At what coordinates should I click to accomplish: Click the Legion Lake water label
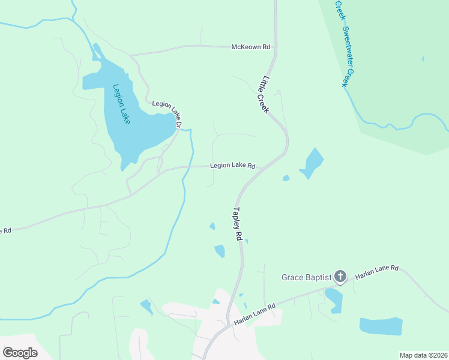[x=121, y=104]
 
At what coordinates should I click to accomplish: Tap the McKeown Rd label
[x=251, y=47]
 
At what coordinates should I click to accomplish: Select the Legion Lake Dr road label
[x=166, y=112]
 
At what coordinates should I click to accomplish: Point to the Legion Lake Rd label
[x=233, y=166]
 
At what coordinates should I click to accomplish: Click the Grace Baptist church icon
[x=340, y=277]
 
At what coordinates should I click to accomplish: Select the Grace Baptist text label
[x=306, y=277]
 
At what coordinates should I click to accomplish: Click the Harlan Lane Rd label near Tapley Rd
[x=255, y=314]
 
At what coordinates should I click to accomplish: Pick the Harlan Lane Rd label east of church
[x=377, y=272]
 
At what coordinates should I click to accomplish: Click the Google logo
[x=20, y=352]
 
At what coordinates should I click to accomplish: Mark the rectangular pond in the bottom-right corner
[x=381, y=326]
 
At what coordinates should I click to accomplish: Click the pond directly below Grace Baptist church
[x=334, y=300]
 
